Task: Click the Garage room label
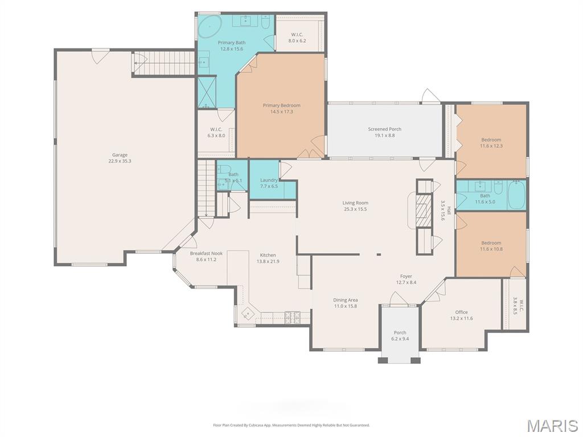point(120,155)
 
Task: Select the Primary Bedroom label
point(281,105)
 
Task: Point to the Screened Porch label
point(384,129)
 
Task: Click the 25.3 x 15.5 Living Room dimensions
point(355,209)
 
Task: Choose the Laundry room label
point(269,180)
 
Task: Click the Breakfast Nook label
point(206,253)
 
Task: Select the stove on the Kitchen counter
point(292,316)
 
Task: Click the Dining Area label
point(346,300)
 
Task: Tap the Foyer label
point(406,277)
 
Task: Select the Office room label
point(461,312)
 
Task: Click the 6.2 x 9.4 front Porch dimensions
point(400,339)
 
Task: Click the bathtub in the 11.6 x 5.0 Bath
point(516,196)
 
